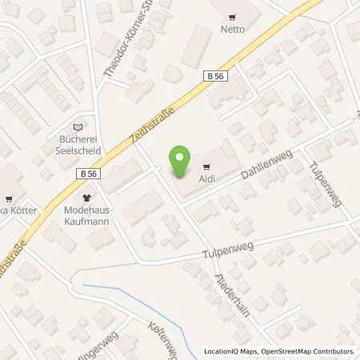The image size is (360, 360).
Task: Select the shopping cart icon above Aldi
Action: tap(208, 167)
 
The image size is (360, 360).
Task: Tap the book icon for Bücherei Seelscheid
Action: tap(78, 126)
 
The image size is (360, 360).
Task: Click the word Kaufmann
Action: tap(86, 220)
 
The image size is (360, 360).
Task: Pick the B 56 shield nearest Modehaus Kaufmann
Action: tap(89, 172)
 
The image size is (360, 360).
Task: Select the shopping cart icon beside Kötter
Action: tap(10, 198)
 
